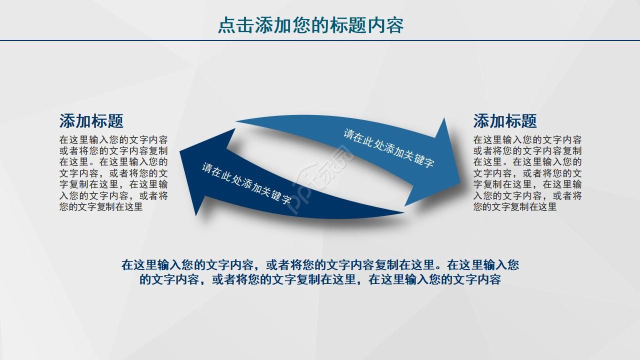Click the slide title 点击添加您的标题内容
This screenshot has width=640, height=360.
(x=310, y=25)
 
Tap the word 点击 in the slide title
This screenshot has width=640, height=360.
(x=236, y=25)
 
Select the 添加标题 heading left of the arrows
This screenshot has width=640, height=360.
(x=91, y=121)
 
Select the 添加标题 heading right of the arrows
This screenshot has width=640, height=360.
(x=505, y=121)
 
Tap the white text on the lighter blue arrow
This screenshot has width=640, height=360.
(x=388, y=148)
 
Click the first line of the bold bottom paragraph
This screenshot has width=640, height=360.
(x=320, y=264)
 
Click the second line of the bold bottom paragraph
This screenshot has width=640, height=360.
(x=320, y=279)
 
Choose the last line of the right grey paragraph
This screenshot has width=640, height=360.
(x=515, y=206)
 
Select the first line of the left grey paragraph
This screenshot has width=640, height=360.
(x=113, y=140)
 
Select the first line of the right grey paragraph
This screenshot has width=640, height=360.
(x=527, y=140)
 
